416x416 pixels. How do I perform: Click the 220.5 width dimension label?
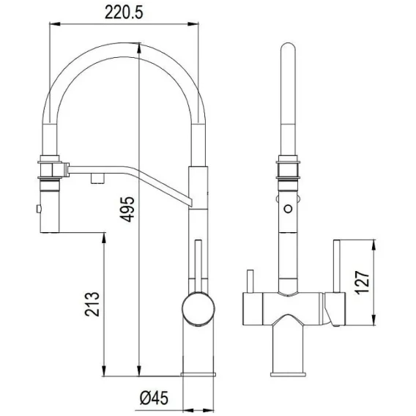[x=124, y=12]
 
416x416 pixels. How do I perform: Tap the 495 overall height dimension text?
[x=127, y=209]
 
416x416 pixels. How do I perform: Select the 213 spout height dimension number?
[x=92, y=304]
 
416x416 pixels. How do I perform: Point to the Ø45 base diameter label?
[x=154, y=398]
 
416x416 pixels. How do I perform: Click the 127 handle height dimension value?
[x=363, y=283]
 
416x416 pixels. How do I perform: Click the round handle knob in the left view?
[x=198, y=308]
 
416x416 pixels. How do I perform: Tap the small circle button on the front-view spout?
[x=288, y=208]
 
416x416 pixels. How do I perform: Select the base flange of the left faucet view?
[x=198, y=374]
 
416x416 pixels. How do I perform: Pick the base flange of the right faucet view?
[x=288, y=374]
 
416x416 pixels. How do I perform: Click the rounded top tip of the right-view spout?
[x=288, y=46]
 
